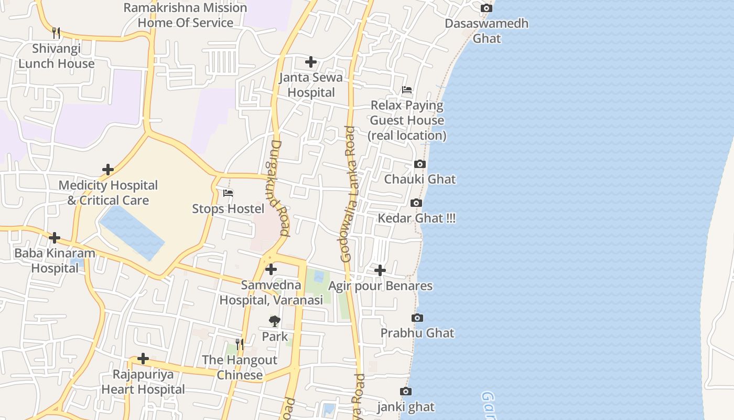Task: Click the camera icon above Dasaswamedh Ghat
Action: click(487, 8)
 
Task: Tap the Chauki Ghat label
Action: click(420, 180)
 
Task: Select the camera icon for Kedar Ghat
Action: click(416, 203)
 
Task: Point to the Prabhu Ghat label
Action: click(417, 333)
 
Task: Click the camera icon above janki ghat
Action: click(405, 392)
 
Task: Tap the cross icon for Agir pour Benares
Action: click(380, 271)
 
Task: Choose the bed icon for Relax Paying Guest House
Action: click(407, 90)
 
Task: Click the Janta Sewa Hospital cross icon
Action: click(311, 62)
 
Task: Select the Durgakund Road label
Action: click(281, 187)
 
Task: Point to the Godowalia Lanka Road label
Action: click(348, 194)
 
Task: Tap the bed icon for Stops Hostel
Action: click(228, 193)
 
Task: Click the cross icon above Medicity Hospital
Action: click(108, 170)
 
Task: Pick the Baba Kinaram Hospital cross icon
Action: click(55, 238)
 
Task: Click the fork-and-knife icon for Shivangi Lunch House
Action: click(57, 33)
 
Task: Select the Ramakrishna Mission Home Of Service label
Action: click(186, 15)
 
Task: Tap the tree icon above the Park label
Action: click(275, 321)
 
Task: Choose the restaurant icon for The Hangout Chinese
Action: click(240, 344)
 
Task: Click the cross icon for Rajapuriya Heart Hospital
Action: click(143, 359)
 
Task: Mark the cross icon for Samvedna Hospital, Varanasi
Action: click(271, 270)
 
